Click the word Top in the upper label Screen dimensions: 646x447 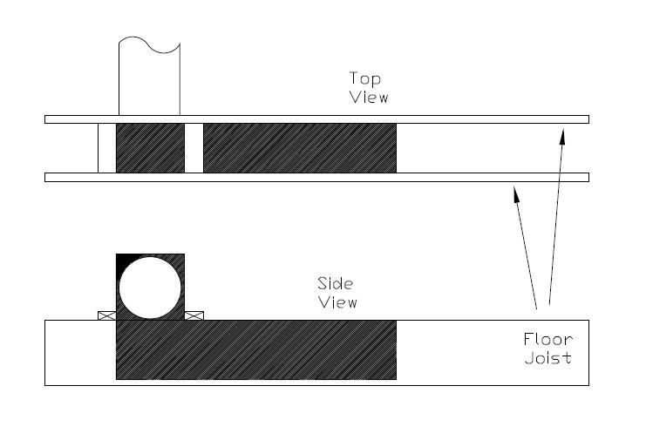(x=365, y=78)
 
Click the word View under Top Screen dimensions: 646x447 (x=369, y=98)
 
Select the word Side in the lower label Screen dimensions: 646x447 (x=336, y=283)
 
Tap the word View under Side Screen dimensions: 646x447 (x=338, y=302)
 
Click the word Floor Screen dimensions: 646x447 (x=548, y=340)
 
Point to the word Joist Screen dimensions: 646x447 (x=548, y=357)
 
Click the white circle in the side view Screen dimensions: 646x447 (x=150, y=288)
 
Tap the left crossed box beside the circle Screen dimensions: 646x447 (x=107, y=315)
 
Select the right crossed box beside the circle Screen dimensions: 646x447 (x=194, y=315)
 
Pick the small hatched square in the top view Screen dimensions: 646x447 (x=150, y=148)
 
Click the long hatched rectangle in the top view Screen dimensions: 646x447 (x=300, y=148)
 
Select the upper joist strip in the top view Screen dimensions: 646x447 (x=316, y=119)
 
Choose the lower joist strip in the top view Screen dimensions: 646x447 (x=316, y=178)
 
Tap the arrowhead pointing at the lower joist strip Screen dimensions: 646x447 (x=516, y=194)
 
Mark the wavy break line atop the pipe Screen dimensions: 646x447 (x=149, y=44)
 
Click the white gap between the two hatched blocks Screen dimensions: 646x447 (x=194, y=148)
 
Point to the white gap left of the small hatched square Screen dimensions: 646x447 (x=107, y=148)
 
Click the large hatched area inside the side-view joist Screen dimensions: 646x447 (x=256, y=350)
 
